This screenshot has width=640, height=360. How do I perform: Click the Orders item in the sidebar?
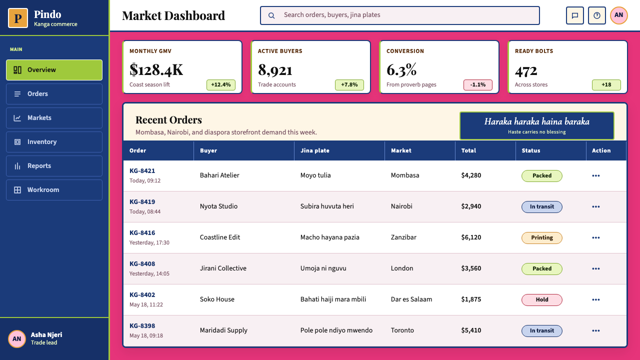click(x=54, y=93)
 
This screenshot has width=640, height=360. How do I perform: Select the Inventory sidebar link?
click(x=54, y=141)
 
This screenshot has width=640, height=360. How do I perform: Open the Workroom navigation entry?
click(x=54, y=189)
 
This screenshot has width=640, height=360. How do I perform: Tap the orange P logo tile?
click(x=18, y=18)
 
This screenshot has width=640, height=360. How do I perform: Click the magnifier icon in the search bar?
click(x=271, y=15)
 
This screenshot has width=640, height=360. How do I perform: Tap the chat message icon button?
click(x=575, y=15)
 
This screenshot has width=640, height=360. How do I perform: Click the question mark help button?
click(x=597, y=15)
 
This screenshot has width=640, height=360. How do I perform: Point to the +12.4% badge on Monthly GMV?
click(x=221, y=85)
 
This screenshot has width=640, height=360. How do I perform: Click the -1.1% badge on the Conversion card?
click(x=478, y=85)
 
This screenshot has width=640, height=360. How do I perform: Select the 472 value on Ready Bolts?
click(x=526, y=70)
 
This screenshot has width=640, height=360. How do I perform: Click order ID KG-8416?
click(x=142, y=233)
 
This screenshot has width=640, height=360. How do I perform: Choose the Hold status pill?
click(x=541, y=299)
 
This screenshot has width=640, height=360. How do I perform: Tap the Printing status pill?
click(x=541, y=237)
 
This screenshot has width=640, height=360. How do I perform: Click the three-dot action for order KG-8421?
click(x=595, y=175)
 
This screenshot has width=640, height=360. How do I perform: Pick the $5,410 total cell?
click(x=471, y=330)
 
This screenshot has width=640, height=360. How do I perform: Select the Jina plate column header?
click(x=315, y=150)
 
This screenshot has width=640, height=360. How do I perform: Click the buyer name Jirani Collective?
click(x=223, y=268)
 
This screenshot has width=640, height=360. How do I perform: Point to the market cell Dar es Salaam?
click(x=411, y=299)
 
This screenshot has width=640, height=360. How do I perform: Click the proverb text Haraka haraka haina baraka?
click(x=537, y=121)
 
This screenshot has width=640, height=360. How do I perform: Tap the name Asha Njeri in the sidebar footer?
click(x=46, y=335)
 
